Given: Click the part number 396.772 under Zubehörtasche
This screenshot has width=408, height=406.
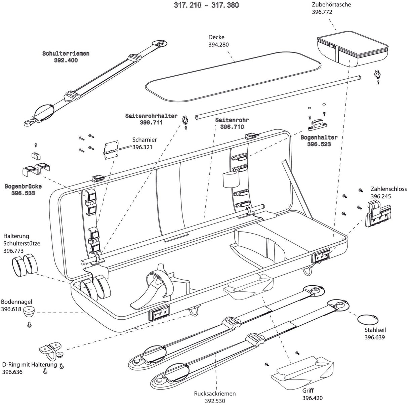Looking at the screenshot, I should coord(322,12).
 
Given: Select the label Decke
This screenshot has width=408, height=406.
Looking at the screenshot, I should coord(216,37).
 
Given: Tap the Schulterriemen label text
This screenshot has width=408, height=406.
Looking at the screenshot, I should coord(66,53).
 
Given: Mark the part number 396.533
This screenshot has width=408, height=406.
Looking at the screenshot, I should coord(23,193).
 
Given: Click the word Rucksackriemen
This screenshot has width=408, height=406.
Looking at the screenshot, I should coord(215,393).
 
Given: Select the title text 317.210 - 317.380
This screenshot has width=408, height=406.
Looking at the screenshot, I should coord(206,5).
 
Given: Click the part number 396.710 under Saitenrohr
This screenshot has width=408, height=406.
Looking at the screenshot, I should coord(232,127).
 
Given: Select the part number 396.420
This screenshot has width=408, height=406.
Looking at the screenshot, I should coord(312,398).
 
